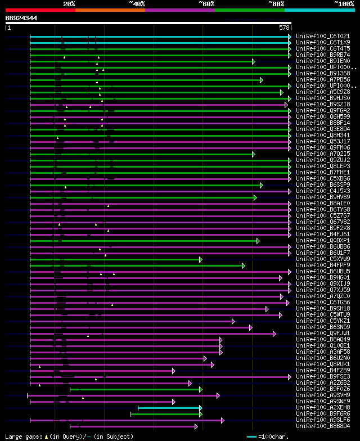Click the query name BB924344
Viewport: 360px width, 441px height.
21,18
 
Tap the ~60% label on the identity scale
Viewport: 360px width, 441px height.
206,3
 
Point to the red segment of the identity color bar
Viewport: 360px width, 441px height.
40,10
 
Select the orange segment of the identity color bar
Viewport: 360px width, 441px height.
110,10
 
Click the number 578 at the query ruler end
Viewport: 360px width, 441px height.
284,28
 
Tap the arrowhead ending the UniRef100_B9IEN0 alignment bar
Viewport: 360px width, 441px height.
254,61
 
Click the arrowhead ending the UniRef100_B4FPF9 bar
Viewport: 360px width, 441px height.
243,265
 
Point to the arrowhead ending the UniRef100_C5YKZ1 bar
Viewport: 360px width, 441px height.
233,321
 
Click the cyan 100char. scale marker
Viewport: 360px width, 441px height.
251,436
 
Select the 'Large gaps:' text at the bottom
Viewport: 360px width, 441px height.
22,436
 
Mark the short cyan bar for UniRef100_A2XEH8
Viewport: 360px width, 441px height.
169,408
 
